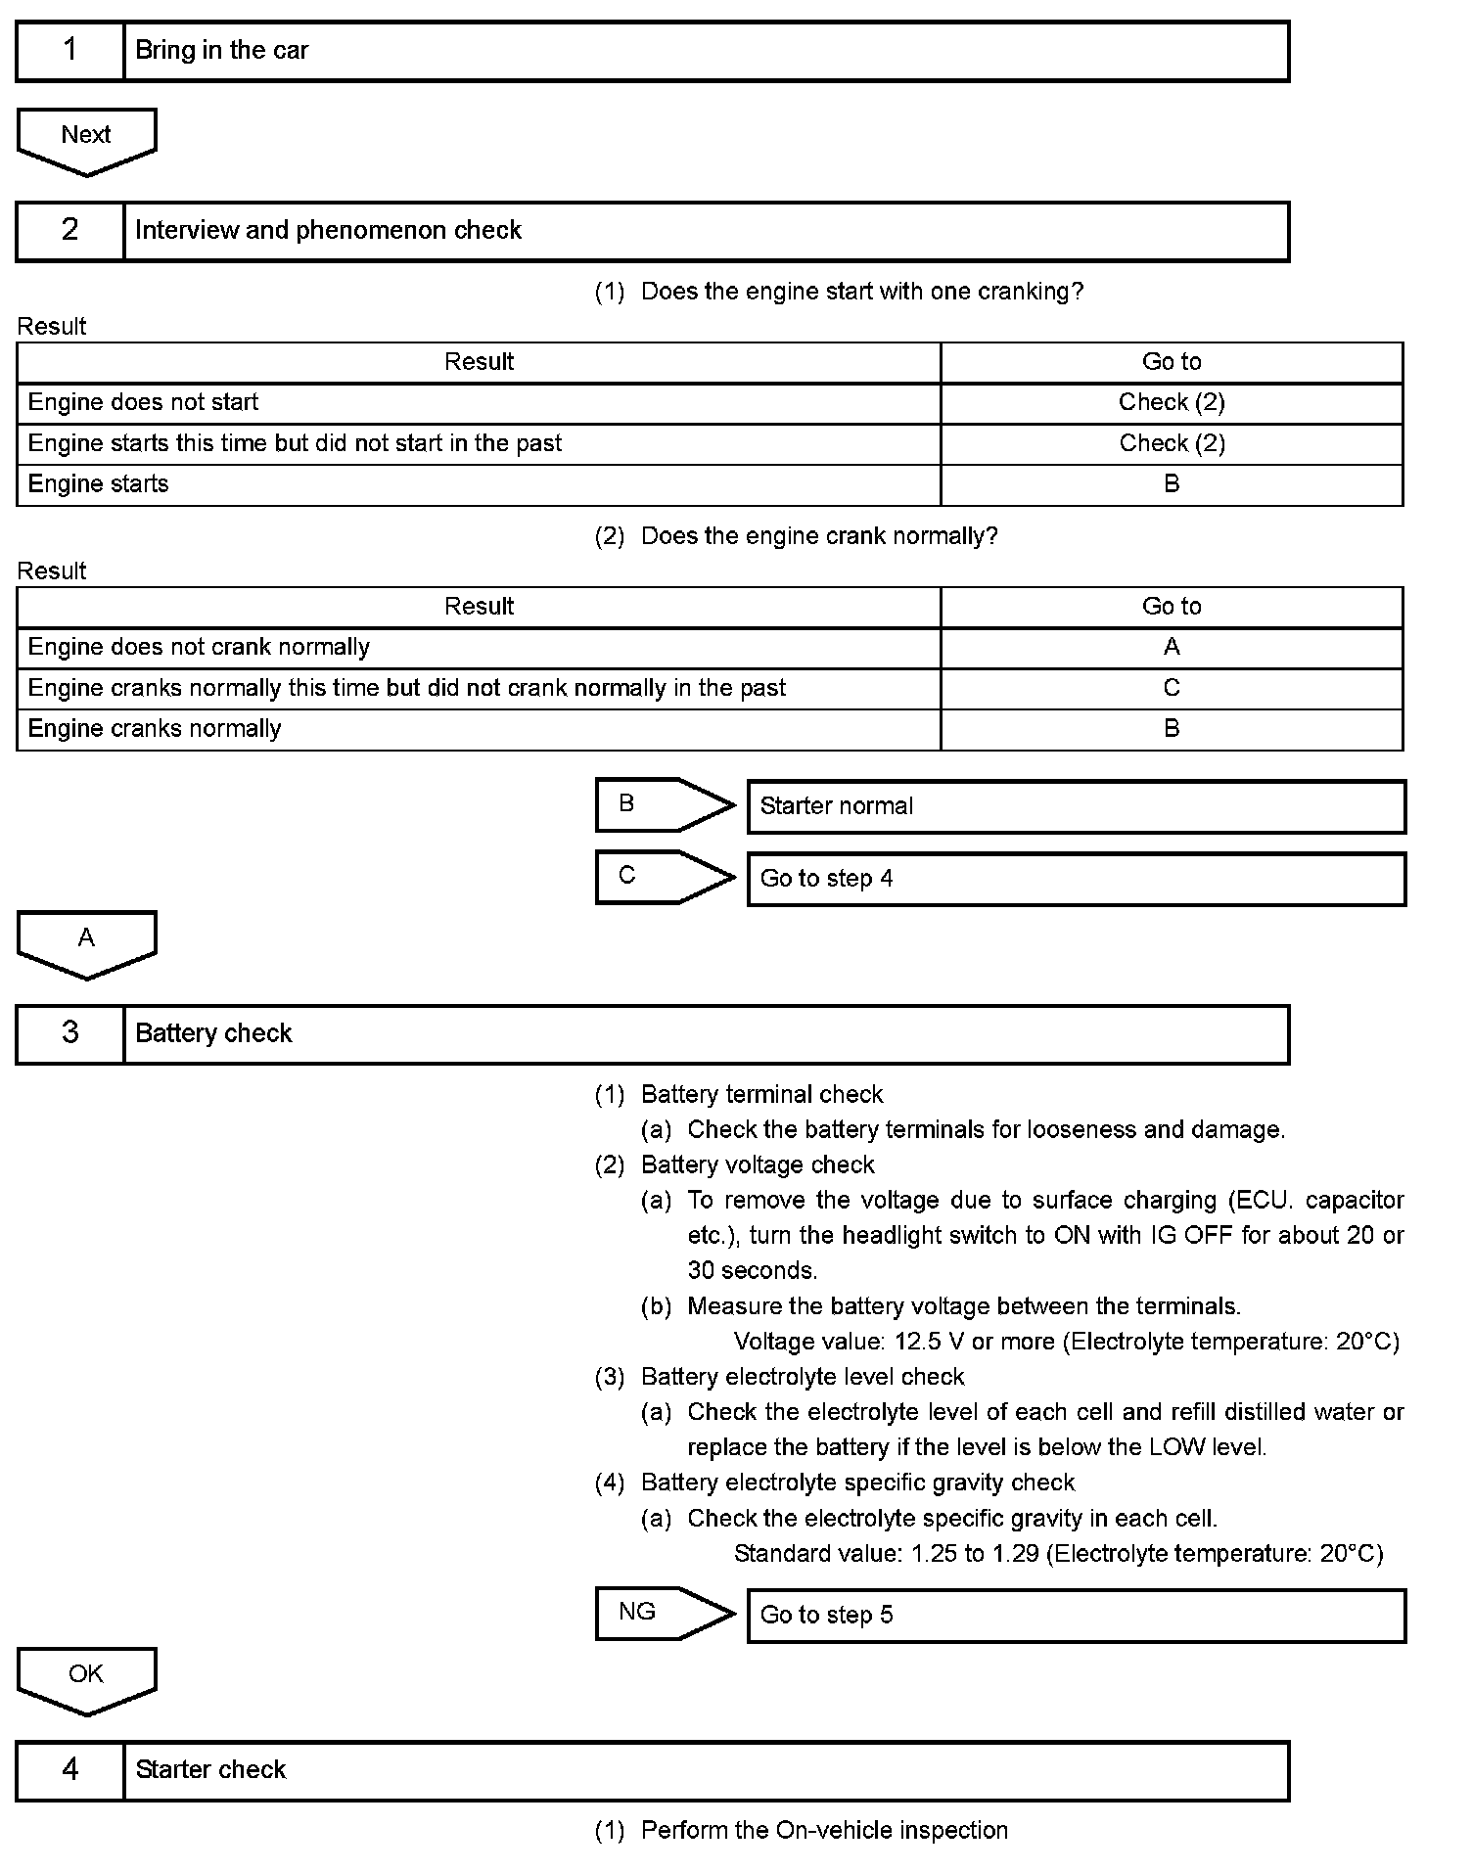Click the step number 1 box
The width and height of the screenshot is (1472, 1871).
[x=70, y=51]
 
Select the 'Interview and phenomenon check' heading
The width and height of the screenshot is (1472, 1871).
[x=328, y=231]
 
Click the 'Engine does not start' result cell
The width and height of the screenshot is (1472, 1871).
[x=143, y=403]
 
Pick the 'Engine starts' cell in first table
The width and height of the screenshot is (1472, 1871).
[x=98, y=484]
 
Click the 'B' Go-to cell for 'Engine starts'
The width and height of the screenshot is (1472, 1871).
[x=1172, y=484]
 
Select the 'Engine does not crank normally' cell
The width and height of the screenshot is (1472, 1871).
[x=199, y=648]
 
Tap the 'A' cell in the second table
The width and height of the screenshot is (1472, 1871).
[x=1172, y=648]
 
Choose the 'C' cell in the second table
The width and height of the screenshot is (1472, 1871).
[x=1172, y=688]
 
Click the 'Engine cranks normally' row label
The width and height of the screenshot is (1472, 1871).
[x=155, y=729]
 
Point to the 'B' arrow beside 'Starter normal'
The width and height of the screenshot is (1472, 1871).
[x=662, y=805]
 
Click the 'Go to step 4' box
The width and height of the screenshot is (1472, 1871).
[x=1076, y=879]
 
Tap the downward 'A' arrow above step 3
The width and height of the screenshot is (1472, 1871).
[x=86, y=942]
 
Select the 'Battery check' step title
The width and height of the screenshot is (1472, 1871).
[x=213, y=1034]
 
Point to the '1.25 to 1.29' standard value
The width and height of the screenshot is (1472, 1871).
[x=974, y=1554]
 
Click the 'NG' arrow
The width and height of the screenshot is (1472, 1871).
[x=662, y=1614]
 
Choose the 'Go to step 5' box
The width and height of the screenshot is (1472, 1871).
[x=1076, y=1616]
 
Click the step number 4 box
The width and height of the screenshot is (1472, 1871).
[x=70, y=1770]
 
